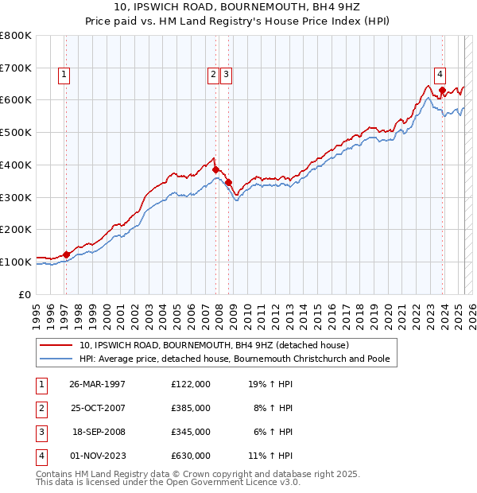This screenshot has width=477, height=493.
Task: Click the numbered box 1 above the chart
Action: click(63, 76)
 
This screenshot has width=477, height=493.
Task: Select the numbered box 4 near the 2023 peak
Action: click(440, 76)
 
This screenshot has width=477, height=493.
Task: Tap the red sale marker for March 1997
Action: click(67, 254)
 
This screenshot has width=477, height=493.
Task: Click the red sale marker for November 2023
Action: click(441, 90)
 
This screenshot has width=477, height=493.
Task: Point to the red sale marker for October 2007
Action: click(215, 169)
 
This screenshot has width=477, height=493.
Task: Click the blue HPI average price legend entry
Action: click(234, 359)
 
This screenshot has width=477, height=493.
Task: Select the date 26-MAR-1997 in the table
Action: click(98, 384)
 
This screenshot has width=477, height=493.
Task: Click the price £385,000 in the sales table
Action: click(191, 408)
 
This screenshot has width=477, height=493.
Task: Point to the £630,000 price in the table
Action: click(191, 456)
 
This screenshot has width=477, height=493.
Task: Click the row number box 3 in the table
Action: click(41, 432)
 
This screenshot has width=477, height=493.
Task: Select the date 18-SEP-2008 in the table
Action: click(98, 432)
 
